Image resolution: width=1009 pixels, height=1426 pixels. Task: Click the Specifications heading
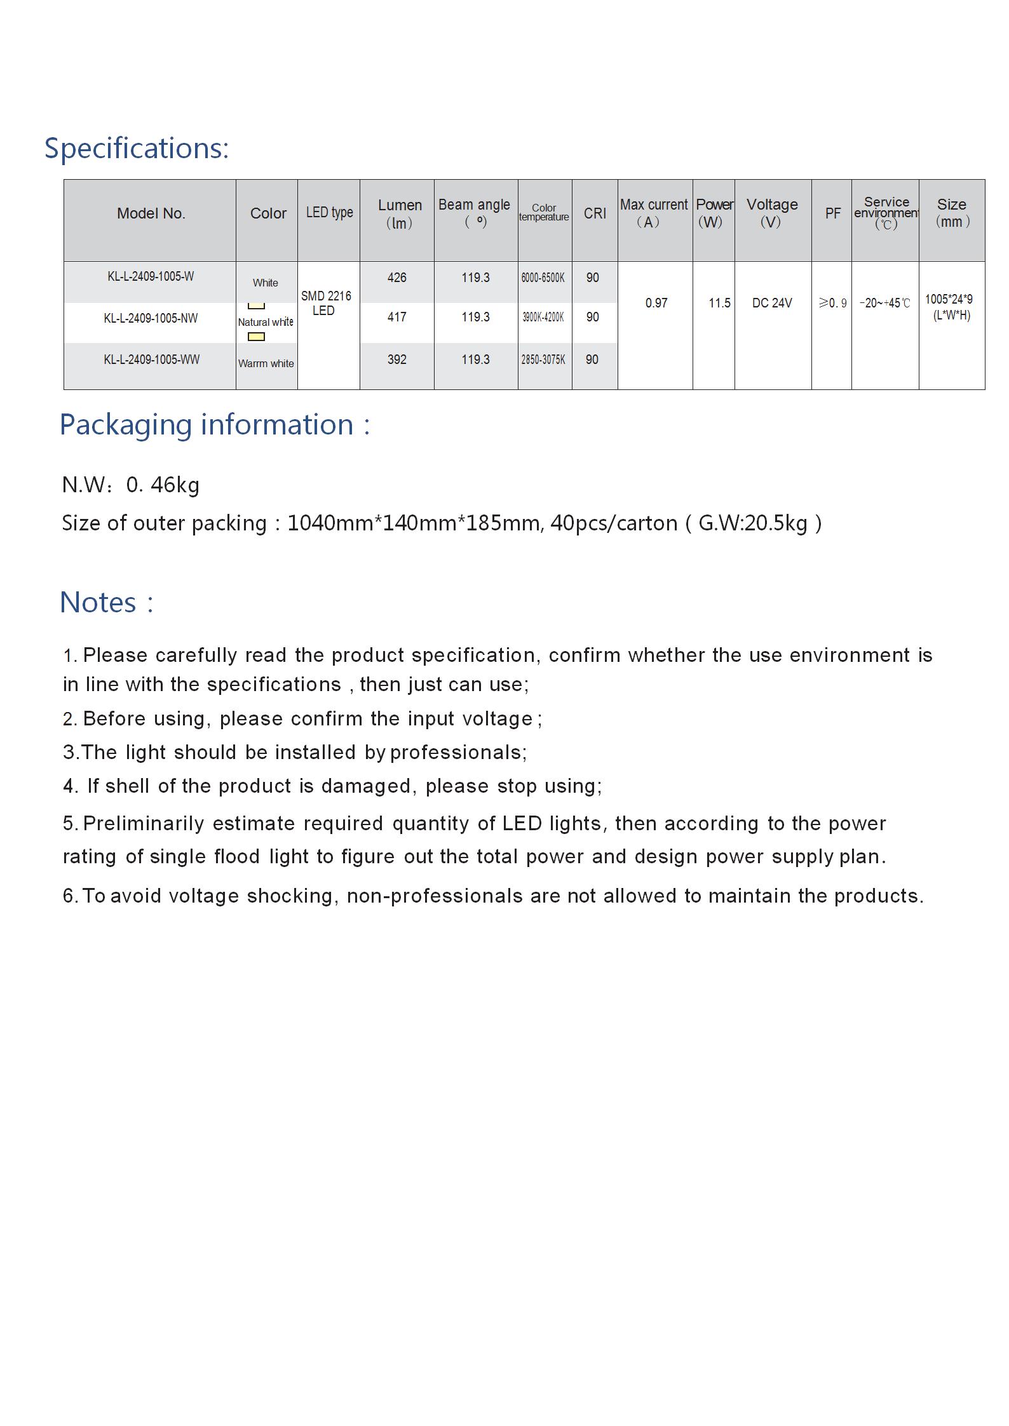point(136,149)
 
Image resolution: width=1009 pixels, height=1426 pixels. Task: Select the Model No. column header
point(151,213)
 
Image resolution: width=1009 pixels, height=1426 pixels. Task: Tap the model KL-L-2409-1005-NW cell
point(151,318)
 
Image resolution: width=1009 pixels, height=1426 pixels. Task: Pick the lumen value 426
point(396,278)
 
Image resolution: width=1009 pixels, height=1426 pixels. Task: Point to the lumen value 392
point(396,360)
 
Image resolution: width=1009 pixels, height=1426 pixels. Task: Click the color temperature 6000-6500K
point(543,278)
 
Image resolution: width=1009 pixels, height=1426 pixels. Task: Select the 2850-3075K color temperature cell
point(543,360)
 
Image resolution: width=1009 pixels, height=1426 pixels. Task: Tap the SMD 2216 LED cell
point(325,303)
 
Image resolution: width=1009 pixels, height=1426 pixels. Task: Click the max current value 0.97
point(656,303)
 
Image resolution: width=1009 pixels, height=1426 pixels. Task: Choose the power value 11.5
point(719,303)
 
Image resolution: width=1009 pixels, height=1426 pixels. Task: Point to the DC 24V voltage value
point(771,303)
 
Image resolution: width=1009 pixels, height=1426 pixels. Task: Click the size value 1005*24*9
point(948,300)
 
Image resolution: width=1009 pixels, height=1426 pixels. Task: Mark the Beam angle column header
point(474,205)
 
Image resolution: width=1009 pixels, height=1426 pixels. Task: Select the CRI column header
point(595,213)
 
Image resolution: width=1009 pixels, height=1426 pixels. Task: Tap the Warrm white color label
point(266,363)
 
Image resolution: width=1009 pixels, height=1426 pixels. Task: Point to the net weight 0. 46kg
point(163,485)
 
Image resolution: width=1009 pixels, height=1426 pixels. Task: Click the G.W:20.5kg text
point(752,523)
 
